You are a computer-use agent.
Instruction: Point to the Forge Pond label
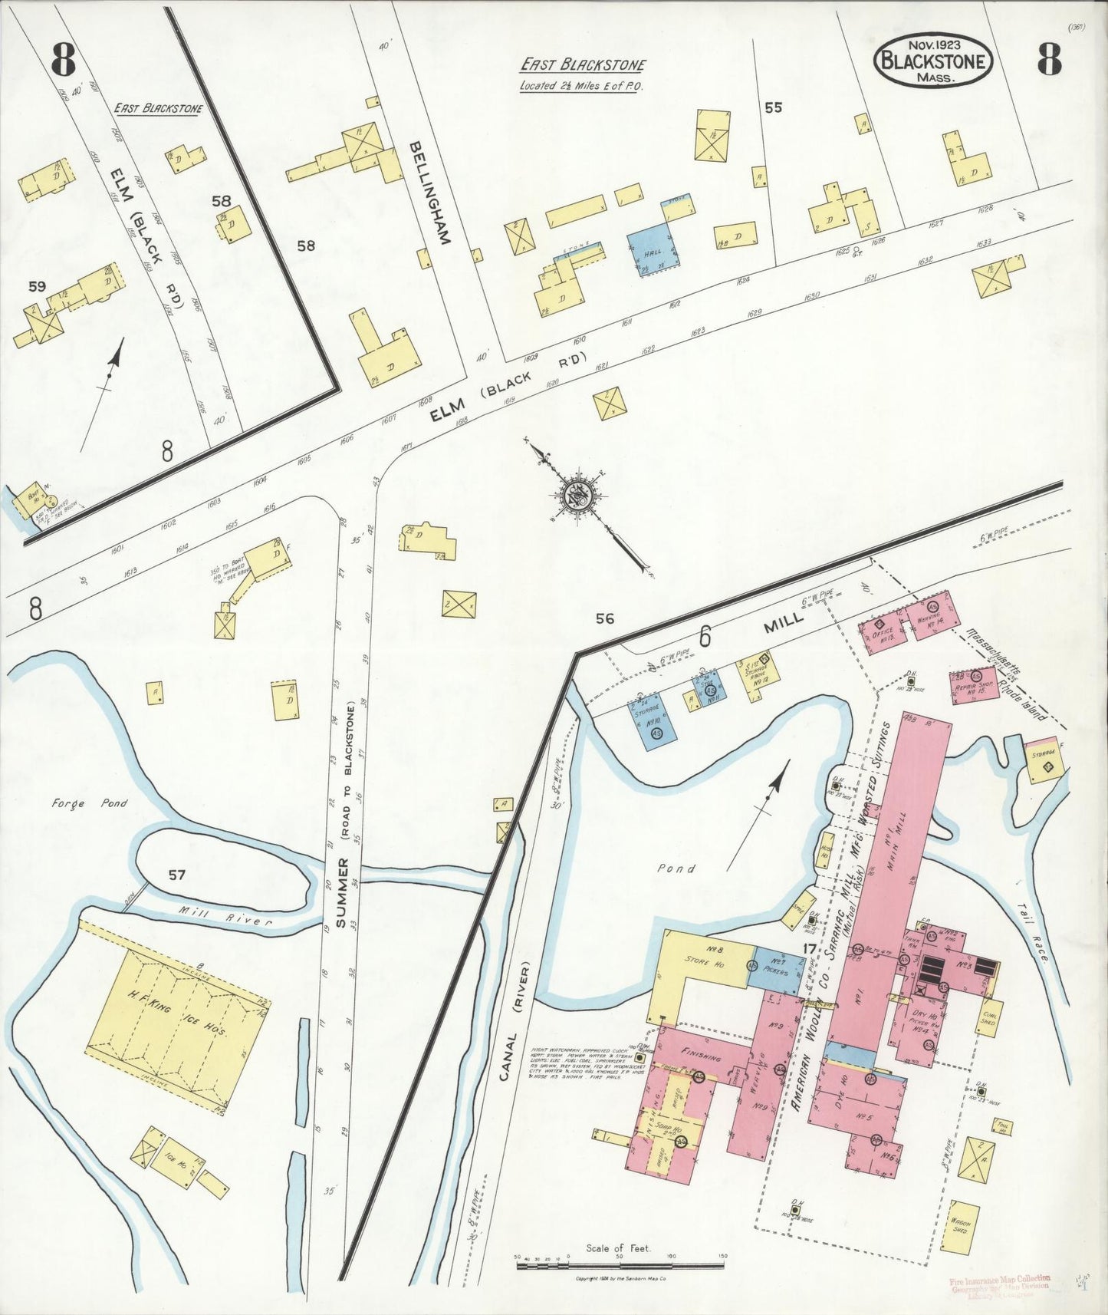click(89, 804)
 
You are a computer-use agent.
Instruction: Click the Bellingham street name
click(428, 193)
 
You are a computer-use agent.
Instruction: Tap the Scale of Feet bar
click(621, 1261)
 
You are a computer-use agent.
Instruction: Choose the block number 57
click(176, 875)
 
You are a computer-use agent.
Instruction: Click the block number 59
click(37, 286)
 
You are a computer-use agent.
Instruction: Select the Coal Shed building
click(989, 1017)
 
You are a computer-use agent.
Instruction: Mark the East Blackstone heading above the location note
click(583, 66)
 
